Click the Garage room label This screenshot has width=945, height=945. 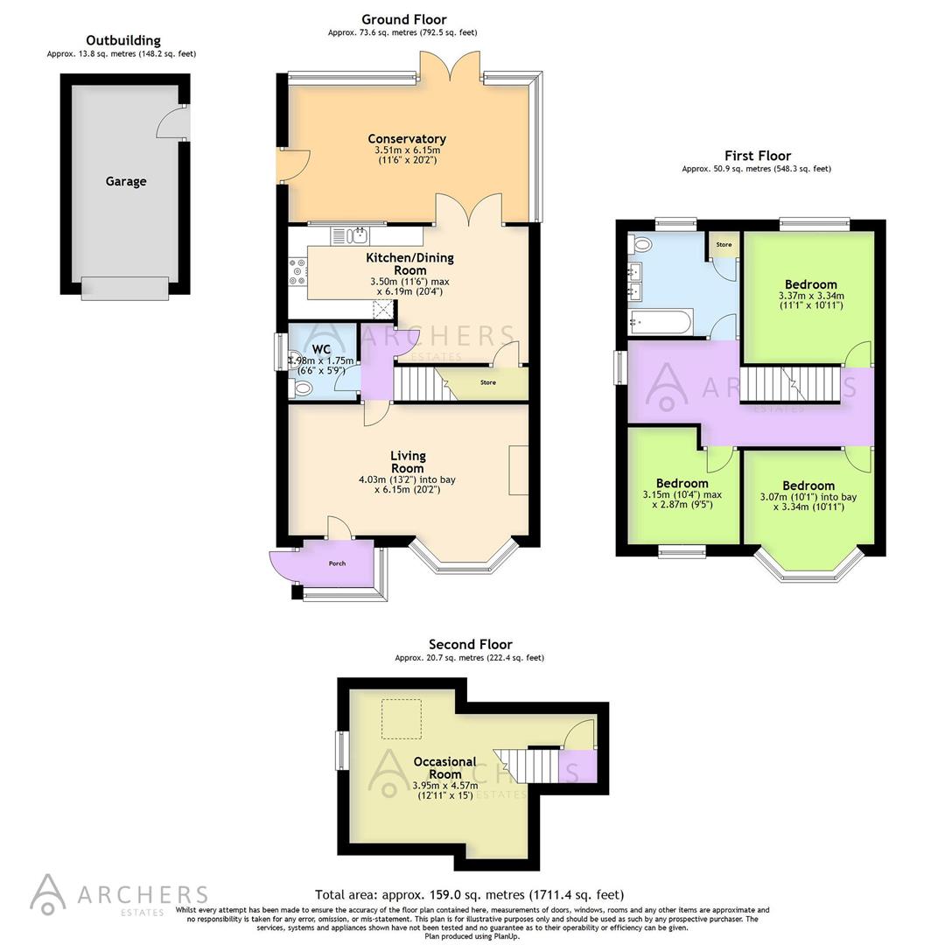tap(126, 182)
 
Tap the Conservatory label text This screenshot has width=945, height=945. tap(407, 139)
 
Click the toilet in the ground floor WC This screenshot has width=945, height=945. tap(302, 388)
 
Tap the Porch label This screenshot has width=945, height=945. tap(337, 563)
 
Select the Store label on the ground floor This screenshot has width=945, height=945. tap(487, 382)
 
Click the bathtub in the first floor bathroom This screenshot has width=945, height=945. tap(661, 323)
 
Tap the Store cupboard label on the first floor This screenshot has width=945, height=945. tap(724, 245)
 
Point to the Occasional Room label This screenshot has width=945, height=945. tap(445, 767)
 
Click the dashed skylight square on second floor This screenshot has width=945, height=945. tap(402, 719)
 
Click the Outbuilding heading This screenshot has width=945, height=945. tap(123, 40)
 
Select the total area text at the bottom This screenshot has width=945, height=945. tap(469, 894)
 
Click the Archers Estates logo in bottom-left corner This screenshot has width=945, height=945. tap(118, 894)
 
